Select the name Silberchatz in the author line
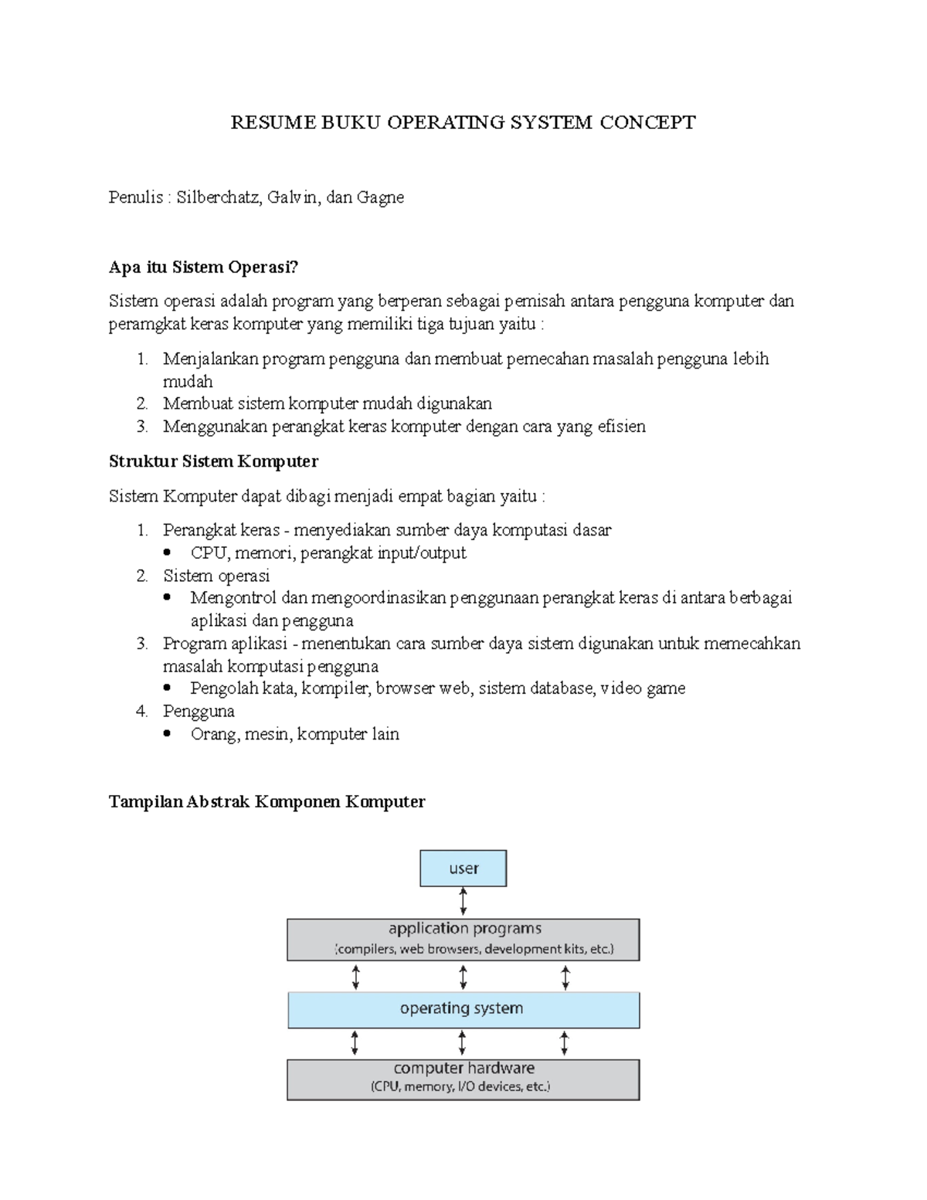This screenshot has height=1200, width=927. click(219, 197)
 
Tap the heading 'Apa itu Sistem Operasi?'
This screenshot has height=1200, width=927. click(203, 267)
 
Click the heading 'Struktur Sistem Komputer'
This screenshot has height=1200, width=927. click(213, 461)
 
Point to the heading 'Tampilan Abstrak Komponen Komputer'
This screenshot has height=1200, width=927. click(267, 801)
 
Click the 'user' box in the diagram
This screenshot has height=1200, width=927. click(463, 869)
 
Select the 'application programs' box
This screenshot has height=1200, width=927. click(463, 939)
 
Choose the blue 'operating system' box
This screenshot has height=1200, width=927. click(463, 1009)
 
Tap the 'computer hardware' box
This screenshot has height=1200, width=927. click(463, 1079)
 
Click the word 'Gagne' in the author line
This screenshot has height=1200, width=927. click(380, 197)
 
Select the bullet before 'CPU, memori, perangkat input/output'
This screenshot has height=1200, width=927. click(168, 553)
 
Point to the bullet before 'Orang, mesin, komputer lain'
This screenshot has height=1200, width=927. click(168, 735)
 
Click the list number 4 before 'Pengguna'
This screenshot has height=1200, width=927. click(141, 711)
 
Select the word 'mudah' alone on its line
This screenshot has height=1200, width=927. click(188, 382)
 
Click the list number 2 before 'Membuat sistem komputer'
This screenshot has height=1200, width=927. click(141, 403)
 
